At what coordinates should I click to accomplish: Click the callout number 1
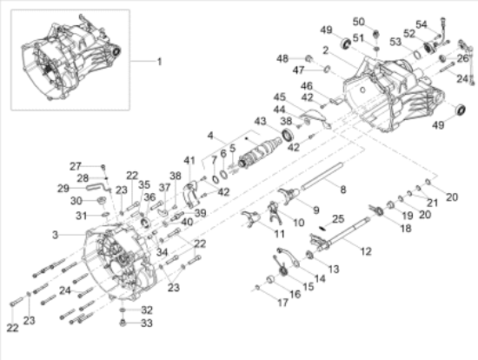159,61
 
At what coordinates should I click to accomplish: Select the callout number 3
56,235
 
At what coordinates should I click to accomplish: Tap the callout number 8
342,189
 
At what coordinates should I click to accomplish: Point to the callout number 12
365,251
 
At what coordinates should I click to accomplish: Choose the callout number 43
260,120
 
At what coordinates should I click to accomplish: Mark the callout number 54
446,24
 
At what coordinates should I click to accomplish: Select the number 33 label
147,323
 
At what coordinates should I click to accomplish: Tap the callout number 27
76,165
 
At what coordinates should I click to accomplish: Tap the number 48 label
282,58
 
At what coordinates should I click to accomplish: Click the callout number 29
63,188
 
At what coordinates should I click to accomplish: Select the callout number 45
279,97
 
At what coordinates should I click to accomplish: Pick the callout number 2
324,50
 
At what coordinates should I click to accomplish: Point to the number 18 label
407,227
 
